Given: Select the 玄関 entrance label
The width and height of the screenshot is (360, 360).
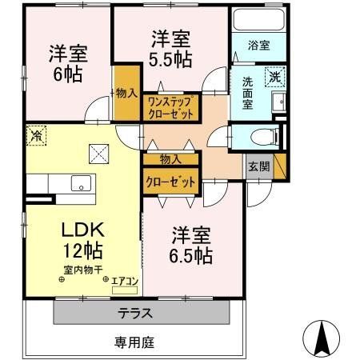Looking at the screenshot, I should pyautogui.click(x=258, y=166).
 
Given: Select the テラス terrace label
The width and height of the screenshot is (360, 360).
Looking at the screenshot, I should pyautogui.click(x=136, y=311).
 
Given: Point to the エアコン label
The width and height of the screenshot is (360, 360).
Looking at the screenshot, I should pyautogui.click(x=126, y=282).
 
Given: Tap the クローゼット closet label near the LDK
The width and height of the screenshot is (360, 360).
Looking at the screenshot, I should pyautogui.click(x=170, y=182).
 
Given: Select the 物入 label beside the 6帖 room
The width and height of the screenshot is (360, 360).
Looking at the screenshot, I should pyautogui.click(x=126, y=94).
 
